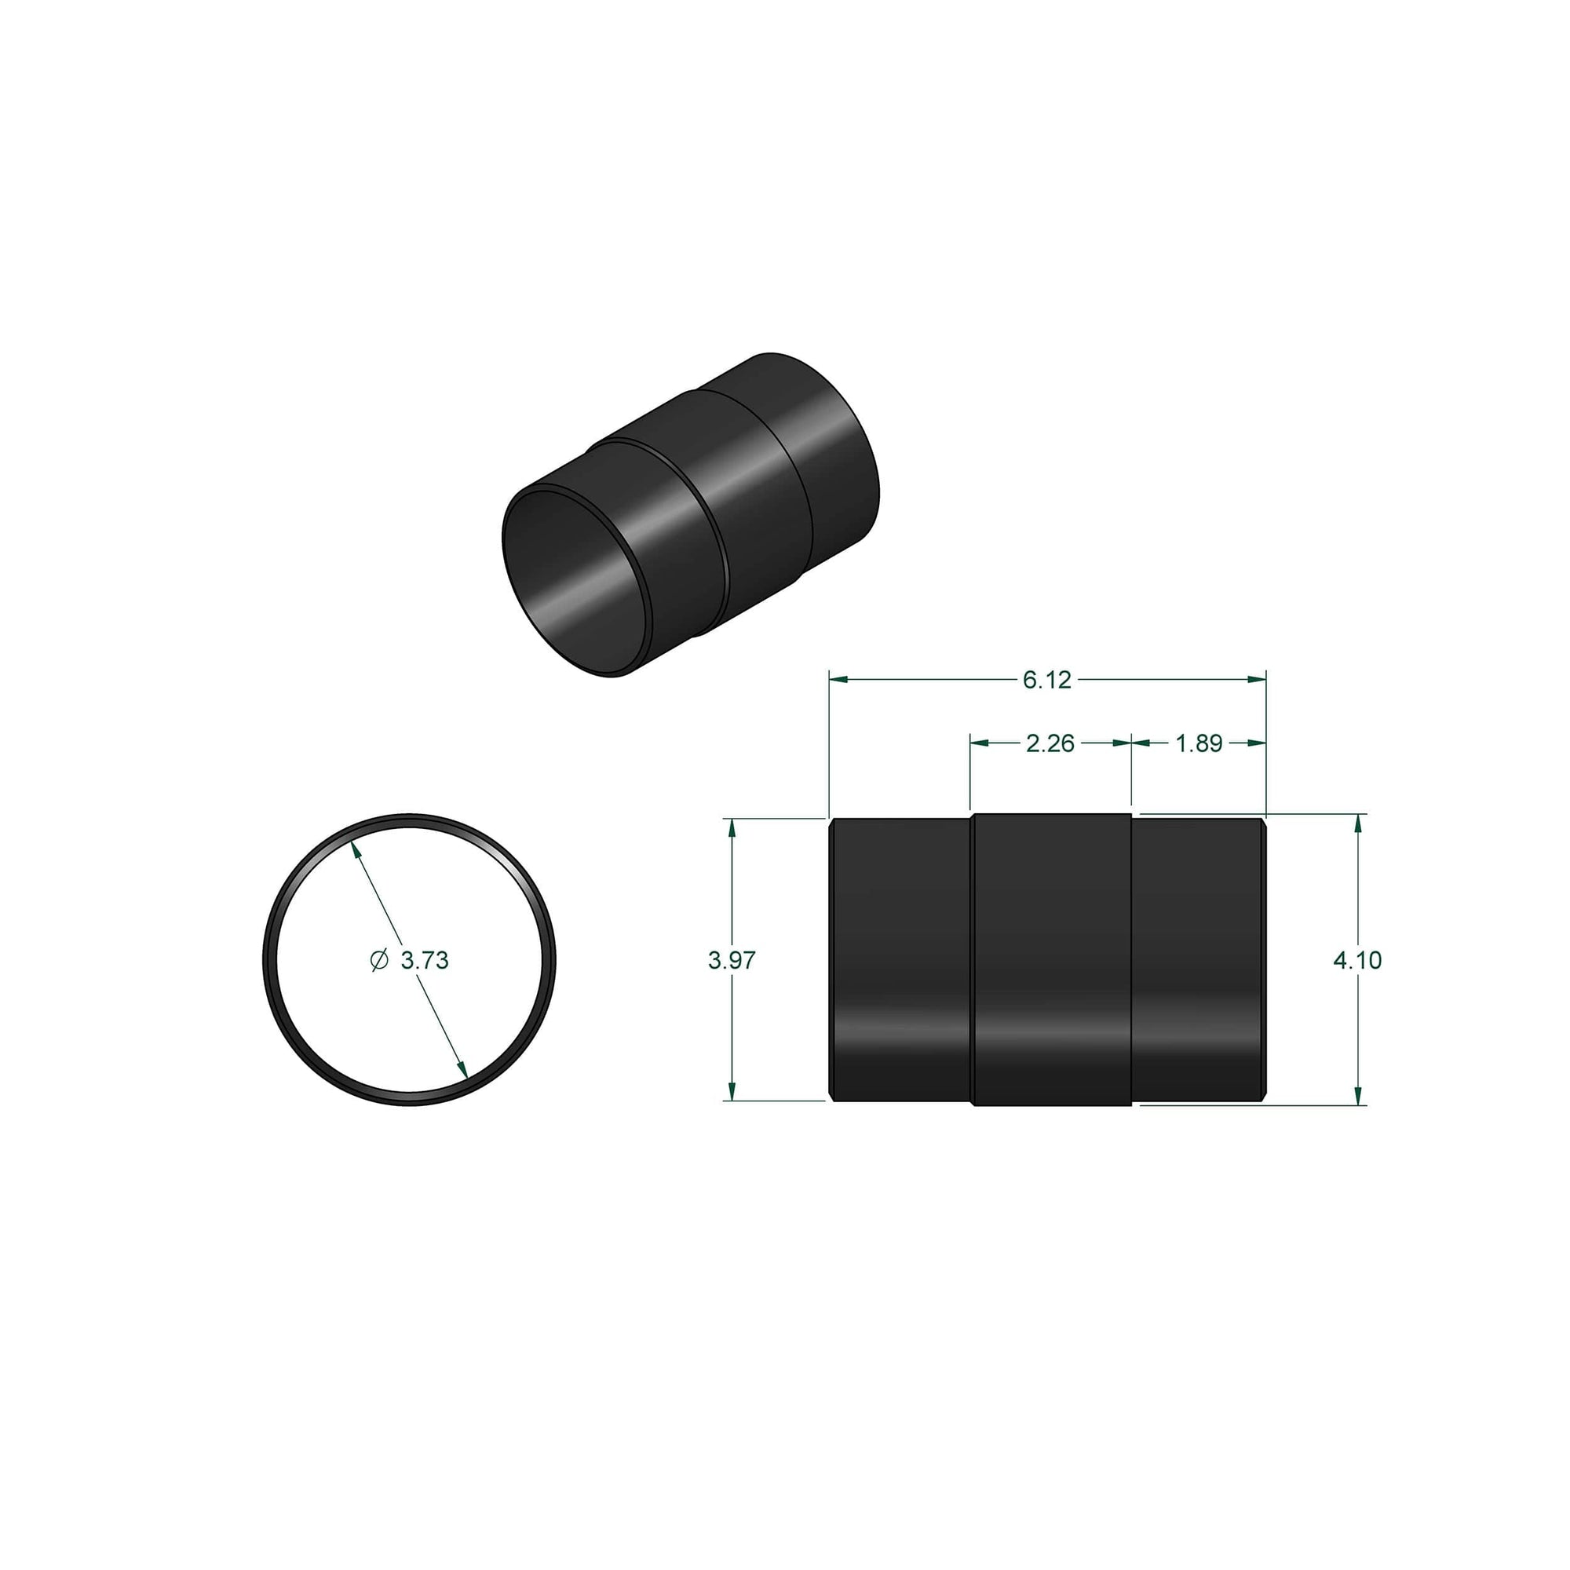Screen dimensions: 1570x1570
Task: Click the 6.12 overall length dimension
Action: (x=1046, y=679)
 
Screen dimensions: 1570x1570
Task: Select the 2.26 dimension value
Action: (x=1050, y=743)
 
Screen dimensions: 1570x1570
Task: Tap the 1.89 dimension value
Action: (x=1199, y=743)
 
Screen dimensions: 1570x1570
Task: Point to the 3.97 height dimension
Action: (x=732, y=960)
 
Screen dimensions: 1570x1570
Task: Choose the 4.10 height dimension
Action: (x=1357, y=960)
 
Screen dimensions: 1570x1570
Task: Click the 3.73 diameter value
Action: (x=424, y=961)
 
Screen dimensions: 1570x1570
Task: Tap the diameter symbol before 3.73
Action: (x=378, y=961)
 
